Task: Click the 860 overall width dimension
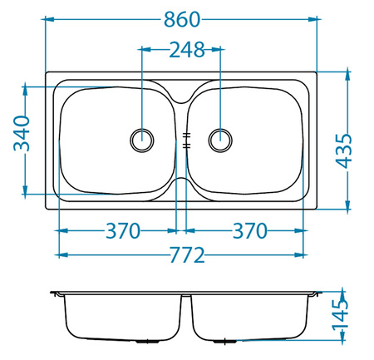point(182,17)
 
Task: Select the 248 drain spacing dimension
point(182,50)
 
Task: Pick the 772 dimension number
point(182,254)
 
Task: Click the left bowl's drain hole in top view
point(143,139)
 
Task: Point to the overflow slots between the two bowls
point(182,139)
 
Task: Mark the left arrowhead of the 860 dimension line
point(48,17)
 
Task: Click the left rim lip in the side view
point(56,293)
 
